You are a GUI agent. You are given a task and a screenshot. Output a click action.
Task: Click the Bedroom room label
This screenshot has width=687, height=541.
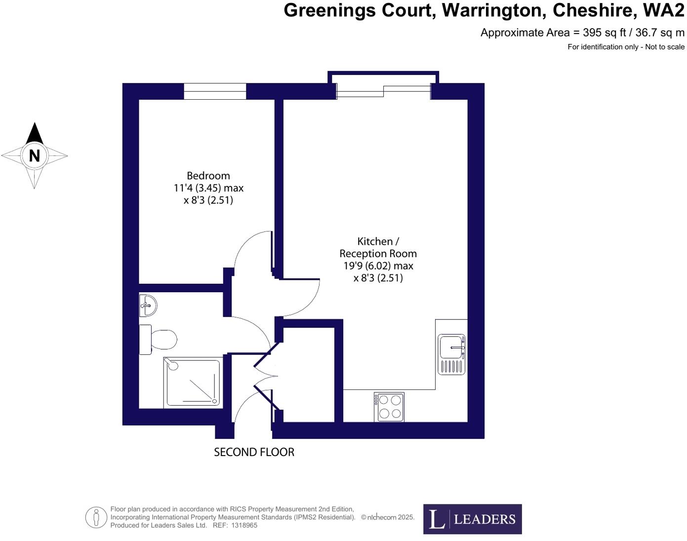click(208, 176)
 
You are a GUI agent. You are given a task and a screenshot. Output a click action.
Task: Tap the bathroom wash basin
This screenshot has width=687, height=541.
click(147, 306)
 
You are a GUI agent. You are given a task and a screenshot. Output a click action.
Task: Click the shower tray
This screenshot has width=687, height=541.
click(192, 383)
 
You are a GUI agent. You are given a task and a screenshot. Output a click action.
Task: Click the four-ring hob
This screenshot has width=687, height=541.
click(389, 407)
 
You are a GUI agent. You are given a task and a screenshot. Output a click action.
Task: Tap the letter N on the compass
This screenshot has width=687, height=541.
click(34, 156)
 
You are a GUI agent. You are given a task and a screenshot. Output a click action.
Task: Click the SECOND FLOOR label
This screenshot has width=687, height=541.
click(254, 452)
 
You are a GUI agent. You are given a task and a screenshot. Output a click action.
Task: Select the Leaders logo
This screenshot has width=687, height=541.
click(472, 519)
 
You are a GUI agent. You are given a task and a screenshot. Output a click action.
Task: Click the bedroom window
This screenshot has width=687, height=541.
click(215, 91)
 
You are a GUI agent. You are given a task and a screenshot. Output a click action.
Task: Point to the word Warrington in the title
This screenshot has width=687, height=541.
click(493, 10)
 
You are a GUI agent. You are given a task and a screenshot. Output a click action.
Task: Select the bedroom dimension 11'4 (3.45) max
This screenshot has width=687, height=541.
click(208, 188)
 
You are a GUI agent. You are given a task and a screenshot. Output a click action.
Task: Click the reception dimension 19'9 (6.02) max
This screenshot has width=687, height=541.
click(378, 266)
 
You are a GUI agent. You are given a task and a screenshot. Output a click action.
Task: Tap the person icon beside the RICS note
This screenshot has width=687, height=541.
click(96, 517)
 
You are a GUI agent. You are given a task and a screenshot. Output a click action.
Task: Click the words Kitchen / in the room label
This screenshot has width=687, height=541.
click(378, 241)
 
